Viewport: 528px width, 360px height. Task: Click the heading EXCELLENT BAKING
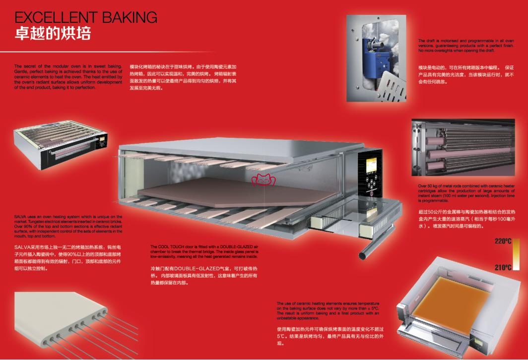pos(86,18)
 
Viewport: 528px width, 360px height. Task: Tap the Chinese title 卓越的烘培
pos(53,34)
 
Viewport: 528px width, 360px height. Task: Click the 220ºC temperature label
pos(503,241)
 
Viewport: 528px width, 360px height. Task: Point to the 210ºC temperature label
pos(503,268)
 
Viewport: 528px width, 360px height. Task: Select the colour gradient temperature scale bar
pos(517,255)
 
